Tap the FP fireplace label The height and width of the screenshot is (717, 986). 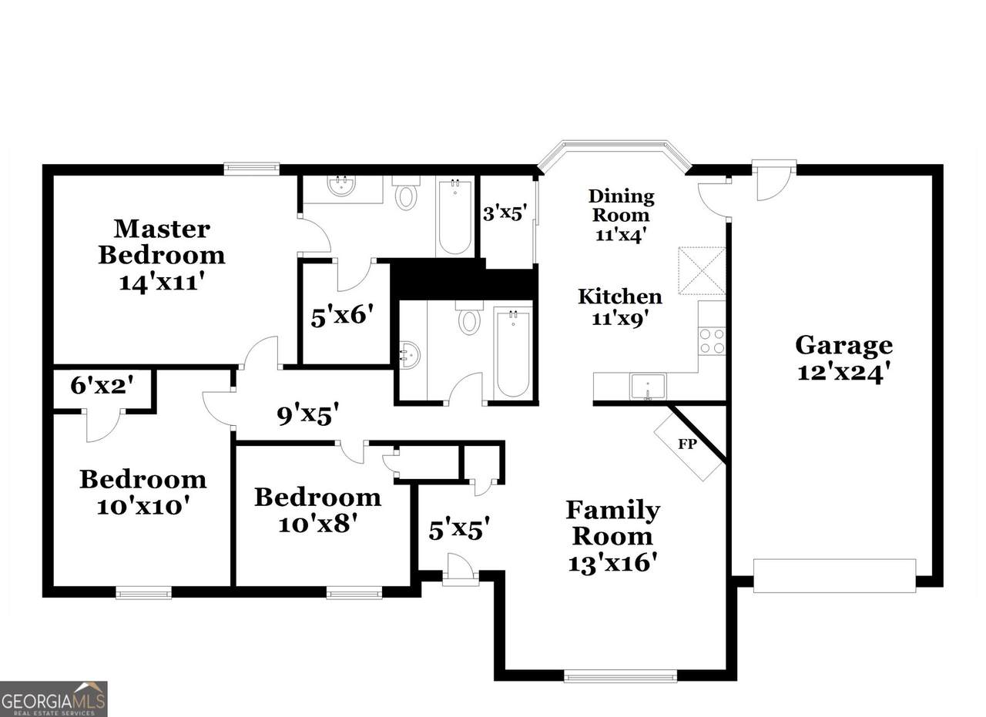(x=687, y=444)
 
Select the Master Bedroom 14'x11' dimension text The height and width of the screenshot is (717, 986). (x=162, y=281)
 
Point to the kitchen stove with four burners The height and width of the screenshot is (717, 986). (x=712, y=340)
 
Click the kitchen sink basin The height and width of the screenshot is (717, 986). (x=648, y=386)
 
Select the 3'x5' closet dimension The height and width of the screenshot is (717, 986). (x=505, y=213)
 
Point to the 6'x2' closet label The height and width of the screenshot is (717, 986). (x=102, y=386)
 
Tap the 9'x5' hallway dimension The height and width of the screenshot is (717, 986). (x=308, y=414)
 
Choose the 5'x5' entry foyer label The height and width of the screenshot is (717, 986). (x=459, y=528)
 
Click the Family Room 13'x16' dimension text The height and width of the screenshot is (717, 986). (x=612, y=562)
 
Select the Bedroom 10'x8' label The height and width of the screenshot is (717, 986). (x=318, y=510)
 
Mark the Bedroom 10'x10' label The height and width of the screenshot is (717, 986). (x=143, y=491)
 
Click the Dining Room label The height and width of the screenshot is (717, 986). (x=622, y=206)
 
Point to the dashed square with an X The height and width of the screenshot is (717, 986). (x=702, y=270)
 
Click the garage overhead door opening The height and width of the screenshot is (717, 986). (x=834, y=576)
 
